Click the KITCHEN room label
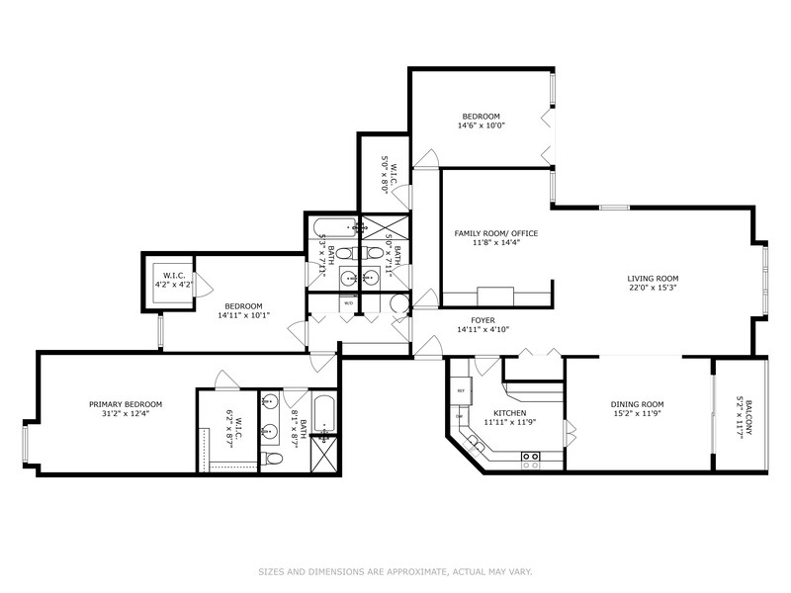(x=503, y=413)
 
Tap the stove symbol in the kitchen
(x=530, y=457)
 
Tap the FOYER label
(x=483, y=320)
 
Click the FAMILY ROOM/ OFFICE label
(x=495, y=233)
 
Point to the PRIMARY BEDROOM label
(x=126, y=404)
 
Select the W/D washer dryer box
(x=348, y=304)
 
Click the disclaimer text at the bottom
(x=395, y=570)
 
